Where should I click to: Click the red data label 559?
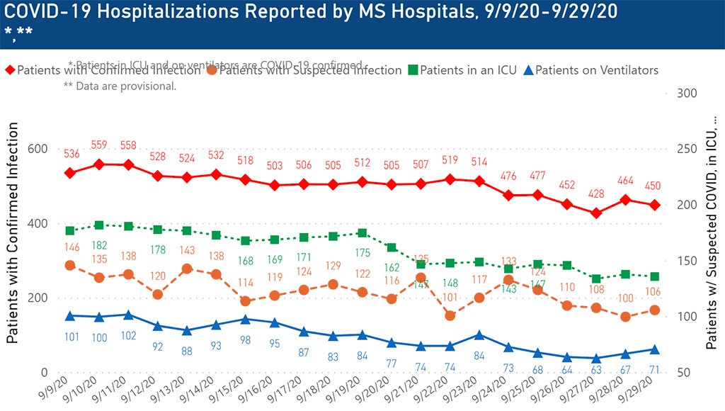100,145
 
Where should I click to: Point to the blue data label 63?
597,369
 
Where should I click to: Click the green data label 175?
362,252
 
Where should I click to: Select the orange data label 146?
71,247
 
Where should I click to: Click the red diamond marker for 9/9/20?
70,173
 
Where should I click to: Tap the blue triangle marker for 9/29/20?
655,349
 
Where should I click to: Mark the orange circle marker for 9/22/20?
450,315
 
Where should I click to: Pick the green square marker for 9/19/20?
362,233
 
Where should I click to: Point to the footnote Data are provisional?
120,86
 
